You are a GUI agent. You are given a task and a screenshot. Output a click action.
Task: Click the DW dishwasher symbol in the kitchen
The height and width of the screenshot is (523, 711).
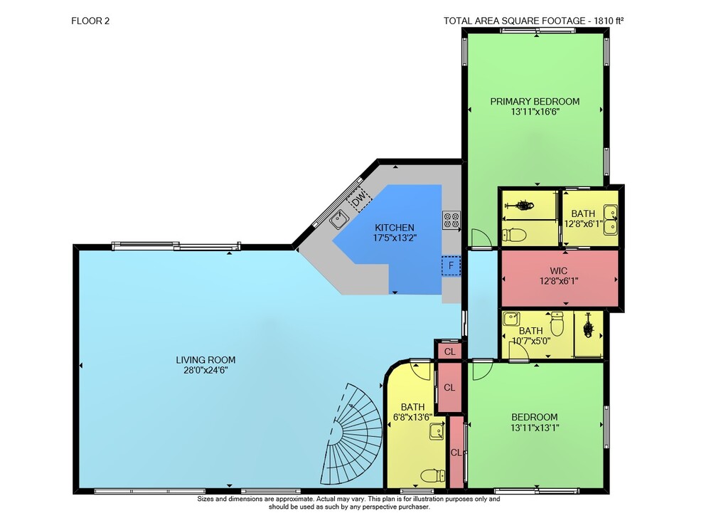coord(360,199)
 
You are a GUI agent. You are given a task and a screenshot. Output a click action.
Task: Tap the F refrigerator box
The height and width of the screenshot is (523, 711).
coord(451,265)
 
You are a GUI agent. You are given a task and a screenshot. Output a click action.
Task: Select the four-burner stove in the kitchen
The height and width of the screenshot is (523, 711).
coord(451,220)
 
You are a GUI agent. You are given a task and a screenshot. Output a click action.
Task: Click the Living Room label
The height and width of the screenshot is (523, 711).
coord(205,360)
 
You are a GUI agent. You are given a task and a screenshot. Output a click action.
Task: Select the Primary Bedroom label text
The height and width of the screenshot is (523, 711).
coord(535,101)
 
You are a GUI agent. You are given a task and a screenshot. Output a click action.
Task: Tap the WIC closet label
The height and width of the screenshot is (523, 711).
coord(558,271)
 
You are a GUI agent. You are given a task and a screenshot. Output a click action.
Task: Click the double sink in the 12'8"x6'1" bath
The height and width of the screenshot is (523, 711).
coord(610,220)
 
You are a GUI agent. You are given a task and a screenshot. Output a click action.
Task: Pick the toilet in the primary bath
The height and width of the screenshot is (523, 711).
coord(514,235)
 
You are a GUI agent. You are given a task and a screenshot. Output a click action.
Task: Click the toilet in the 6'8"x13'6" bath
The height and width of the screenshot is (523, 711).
coord(432,476)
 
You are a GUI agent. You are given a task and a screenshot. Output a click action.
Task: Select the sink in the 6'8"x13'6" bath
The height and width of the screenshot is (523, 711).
coord(437,431)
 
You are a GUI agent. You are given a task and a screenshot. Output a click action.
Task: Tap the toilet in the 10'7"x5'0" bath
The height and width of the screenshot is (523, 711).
coord(557,323)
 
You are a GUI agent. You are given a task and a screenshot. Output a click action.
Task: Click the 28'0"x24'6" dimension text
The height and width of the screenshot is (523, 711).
coord(205,370)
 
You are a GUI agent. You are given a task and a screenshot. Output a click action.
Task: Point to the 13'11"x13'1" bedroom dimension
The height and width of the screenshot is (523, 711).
coord(535,427)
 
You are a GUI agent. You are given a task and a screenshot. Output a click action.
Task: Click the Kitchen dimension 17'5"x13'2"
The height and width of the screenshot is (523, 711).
coord(395,238)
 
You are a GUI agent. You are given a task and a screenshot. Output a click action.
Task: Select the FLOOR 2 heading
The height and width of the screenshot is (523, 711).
coord(90,21)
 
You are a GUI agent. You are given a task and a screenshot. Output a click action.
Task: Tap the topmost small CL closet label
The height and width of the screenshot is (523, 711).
coord(449,352)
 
